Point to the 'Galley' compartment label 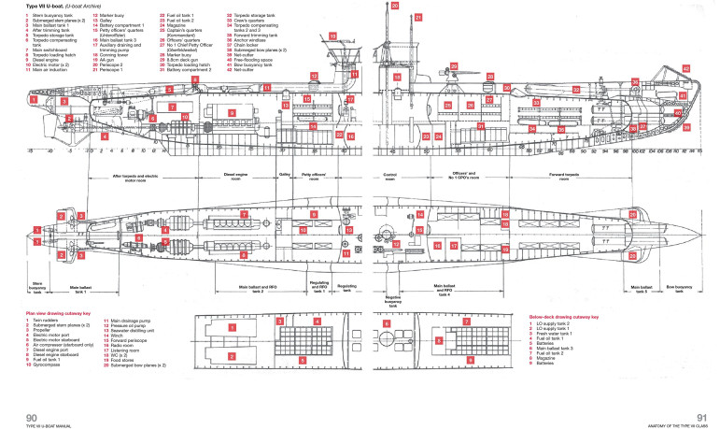click(285, 175)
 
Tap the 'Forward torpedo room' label click(568, 176)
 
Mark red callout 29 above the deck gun click(452, 67)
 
